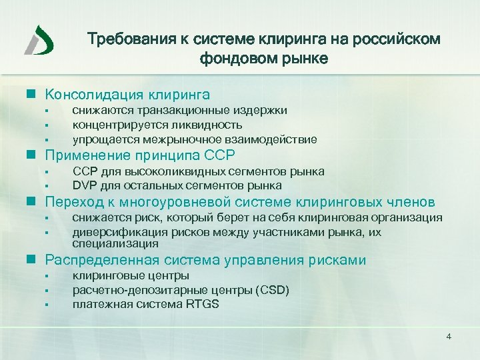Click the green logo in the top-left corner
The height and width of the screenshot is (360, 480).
point(39,41)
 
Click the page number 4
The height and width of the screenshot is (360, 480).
point(449,336)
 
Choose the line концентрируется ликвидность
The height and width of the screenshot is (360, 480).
point(157,125)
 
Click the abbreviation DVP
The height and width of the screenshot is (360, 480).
point(85,185)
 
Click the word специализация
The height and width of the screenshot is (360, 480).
point(106,244)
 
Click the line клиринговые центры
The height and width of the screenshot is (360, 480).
point(131,275)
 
